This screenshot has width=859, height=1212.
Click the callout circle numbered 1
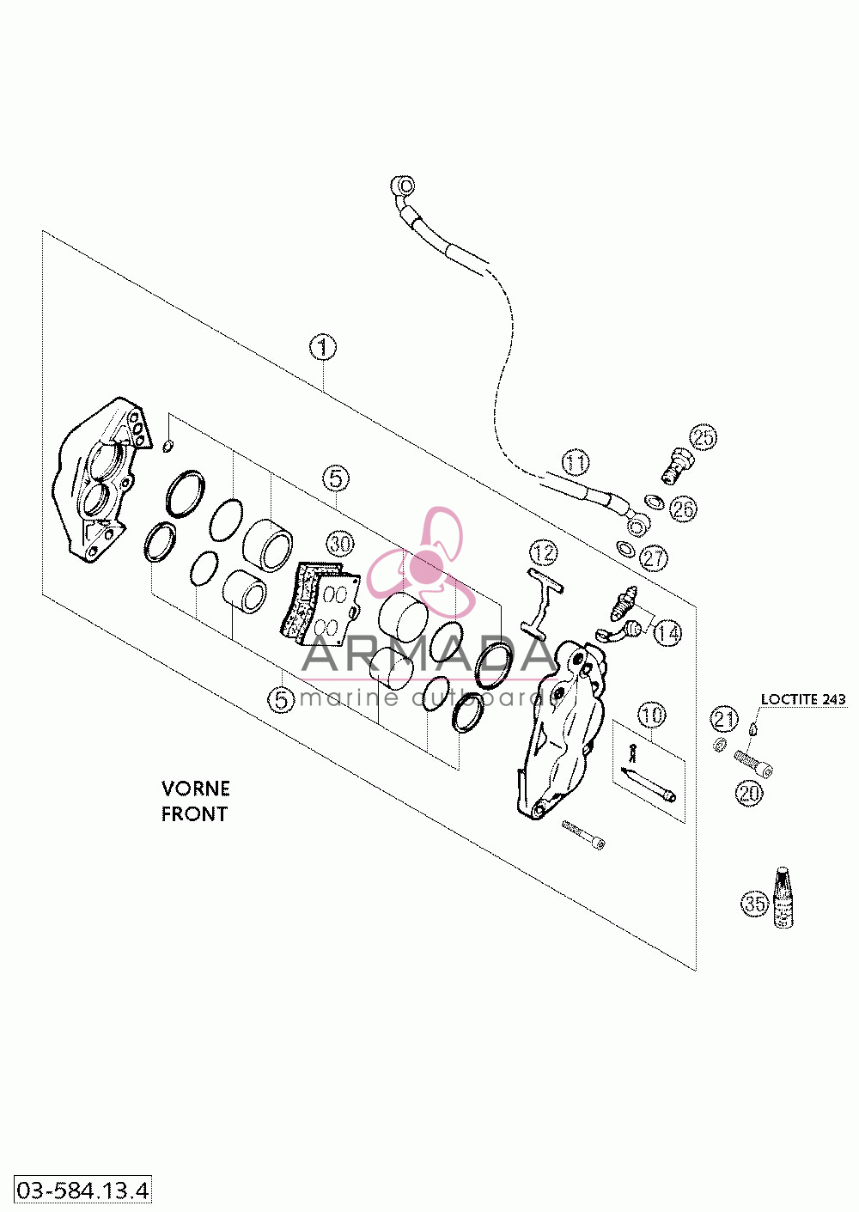[x=322, y=347]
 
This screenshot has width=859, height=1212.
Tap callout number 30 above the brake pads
[x=340, y=543]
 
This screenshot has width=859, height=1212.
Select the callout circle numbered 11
[x=576, y=463]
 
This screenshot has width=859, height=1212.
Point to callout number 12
[x=544, y=552]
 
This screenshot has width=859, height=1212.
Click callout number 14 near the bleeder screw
[x=667, y=632]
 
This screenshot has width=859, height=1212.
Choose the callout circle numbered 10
[x=652, y=716]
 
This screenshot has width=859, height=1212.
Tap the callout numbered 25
[x=704, y=437]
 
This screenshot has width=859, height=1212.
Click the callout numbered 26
[x=683, y=509]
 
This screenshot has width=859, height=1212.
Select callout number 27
[x=654, y=557]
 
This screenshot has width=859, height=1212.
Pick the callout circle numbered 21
[x=724, y=719]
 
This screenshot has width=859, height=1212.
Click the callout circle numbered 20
[x=749, y=793]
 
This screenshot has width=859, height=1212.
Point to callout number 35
[x=754, y=903]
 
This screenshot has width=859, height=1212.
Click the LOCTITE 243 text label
[x=803, y=699]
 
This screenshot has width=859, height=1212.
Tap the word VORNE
[x=195, y=789]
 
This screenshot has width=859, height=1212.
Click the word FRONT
[x=194, y=813]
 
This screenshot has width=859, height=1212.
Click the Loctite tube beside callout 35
[x=783, y=898]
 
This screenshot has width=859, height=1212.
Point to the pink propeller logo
[x=424, y=563]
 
